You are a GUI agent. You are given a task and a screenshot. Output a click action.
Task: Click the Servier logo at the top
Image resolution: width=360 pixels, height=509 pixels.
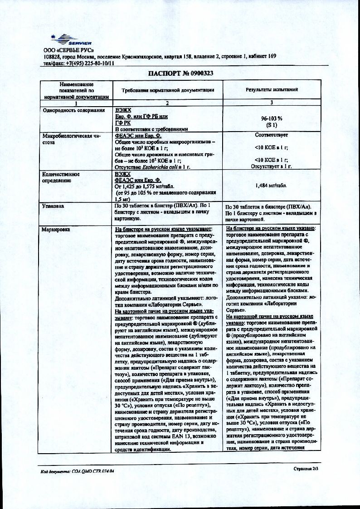[x=68, y=39]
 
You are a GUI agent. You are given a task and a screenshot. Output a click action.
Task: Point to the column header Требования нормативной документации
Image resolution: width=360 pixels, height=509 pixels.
[x=168, y=90]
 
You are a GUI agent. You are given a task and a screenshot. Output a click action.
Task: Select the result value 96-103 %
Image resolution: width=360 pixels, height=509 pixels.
[x=272, y=119]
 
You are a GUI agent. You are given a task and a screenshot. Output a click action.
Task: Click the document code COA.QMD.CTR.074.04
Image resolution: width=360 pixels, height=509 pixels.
[x=91, y=472]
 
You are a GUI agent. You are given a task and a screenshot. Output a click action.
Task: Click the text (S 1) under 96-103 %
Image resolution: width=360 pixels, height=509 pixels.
[x=272, y=125]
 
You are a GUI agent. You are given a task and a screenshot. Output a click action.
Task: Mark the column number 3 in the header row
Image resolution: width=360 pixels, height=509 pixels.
[x=272, y=103]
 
